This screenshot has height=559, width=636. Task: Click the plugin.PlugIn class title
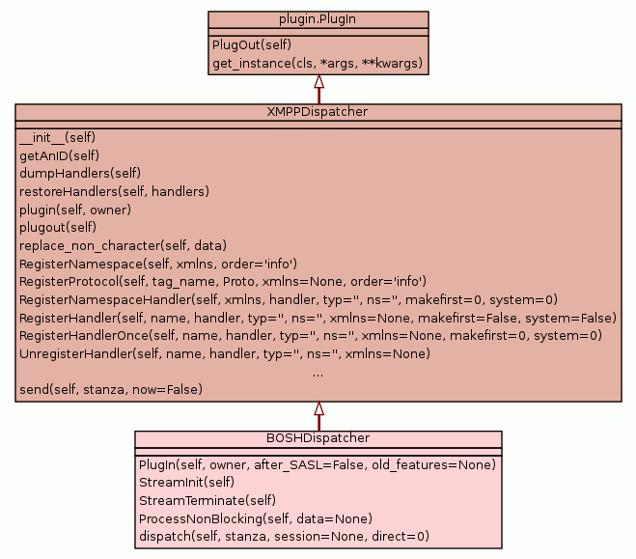click(318, 19)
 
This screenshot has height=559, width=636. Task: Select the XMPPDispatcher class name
click(318, 113)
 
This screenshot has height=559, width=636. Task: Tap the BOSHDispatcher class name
click(318, 438)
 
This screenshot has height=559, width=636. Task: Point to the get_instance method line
click(318, 65)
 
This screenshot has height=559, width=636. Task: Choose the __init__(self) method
click(57, 137)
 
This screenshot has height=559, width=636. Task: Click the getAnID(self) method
click(60, 155)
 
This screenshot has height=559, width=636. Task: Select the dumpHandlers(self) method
click(80, 174)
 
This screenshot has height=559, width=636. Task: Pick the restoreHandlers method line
click(114, 191)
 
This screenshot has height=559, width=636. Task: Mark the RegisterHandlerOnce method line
click(311, 336)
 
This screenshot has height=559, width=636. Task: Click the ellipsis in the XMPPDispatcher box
click(318, 372)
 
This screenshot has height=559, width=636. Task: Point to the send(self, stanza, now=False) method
click(111, 390)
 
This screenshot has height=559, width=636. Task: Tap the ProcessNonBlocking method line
click(256, 517)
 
